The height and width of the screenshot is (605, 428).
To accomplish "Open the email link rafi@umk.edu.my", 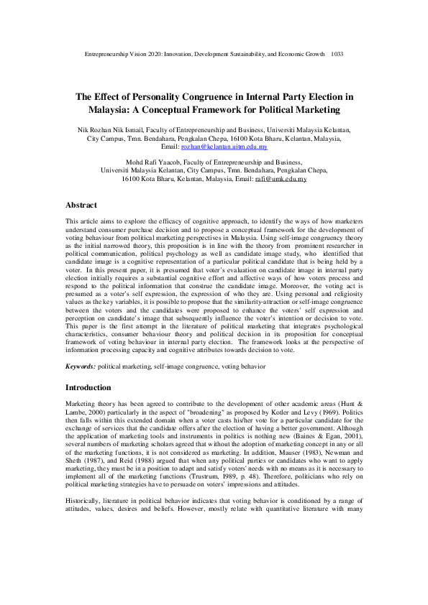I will pos(281,178).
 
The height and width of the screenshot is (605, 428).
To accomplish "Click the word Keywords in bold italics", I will pos(81,366).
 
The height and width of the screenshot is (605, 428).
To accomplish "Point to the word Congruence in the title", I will pos(209,96).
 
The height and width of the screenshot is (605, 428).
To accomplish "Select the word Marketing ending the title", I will pos(313,109).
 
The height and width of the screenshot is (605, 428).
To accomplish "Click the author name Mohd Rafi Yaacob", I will pos(135,162).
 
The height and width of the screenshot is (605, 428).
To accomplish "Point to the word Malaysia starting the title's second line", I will pos(117,109).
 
